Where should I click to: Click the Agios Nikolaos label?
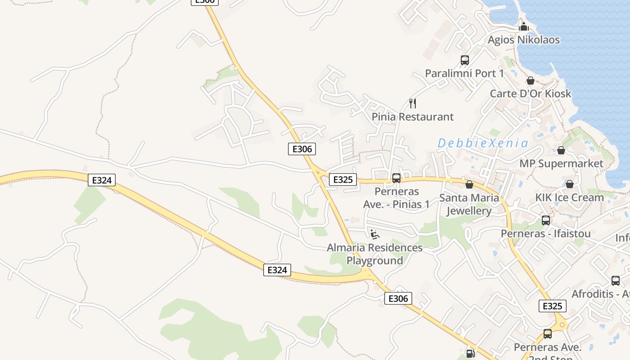click(x=524, y=40)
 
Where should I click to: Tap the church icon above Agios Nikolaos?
click(x=523, y=27)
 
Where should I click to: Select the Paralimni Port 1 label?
click(x=464, y=73)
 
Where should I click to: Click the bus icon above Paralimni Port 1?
click(x=465, y=60)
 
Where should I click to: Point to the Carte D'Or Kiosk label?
click(x=531, y=94)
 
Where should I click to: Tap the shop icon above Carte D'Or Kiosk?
click(x=531, y=81)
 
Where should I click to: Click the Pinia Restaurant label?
click(x=413, y=117)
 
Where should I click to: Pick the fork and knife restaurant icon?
click(x=413, y=103)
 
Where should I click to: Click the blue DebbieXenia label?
click(x=483, y=144)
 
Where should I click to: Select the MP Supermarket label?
click(x=561, y=163)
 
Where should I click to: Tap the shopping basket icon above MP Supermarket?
click(x=561, y=150)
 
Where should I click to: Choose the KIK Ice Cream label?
click(x=569, y=198)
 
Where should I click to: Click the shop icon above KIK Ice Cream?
click(x=569, y=184)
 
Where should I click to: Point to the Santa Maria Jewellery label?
click(x=469, y=204)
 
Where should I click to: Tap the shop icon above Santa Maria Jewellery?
click(x=469, y=184)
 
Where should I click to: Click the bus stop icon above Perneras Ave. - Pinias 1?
click(x=396, y=178)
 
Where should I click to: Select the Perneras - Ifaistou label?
click(x=546, y=234)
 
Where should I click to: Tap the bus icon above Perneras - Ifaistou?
click(x=546, y=220)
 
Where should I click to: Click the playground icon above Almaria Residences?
click(x=375, y=234)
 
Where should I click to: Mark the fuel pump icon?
click(x=470, y=354)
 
